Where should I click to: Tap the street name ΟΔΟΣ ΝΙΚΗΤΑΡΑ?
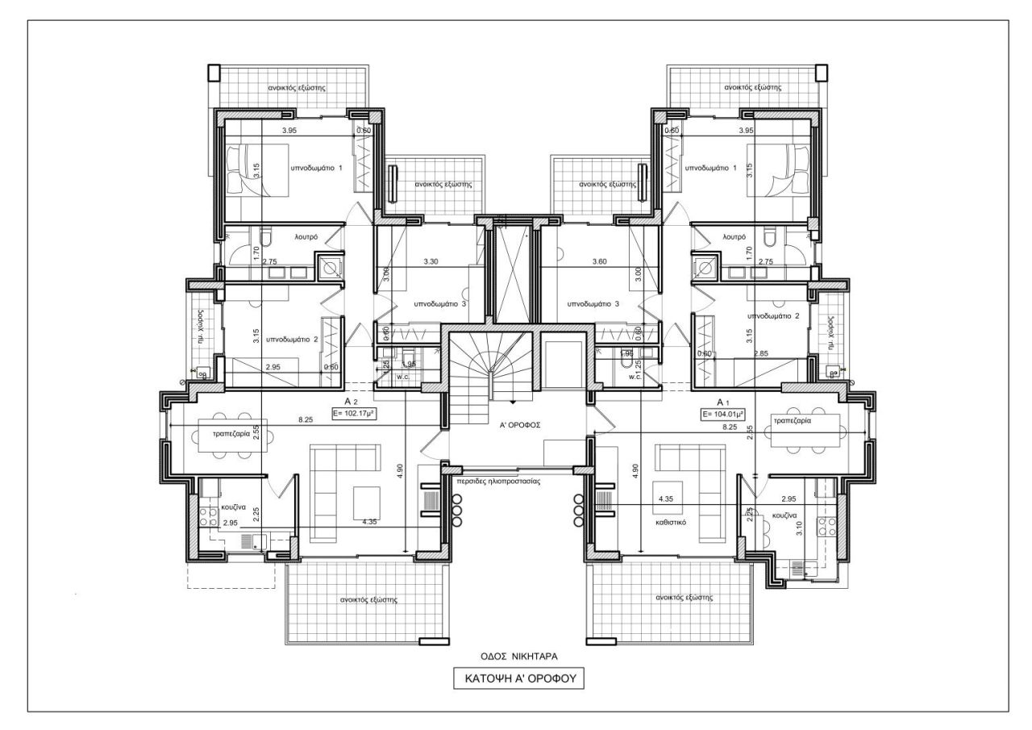(x=514, y=656)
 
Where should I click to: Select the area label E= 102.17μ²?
(x=356, y=413)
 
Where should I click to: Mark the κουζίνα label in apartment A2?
(x=233, y=509)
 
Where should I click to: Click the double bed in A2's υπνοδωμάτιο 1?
(x=257, y=169)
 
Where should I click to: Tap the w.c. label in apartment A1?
(x=634, y=377)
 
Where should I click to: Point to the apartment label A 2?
(x=352, y=401)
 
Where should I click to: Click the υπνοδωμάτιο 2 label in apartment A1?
(x=773, y=315)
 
